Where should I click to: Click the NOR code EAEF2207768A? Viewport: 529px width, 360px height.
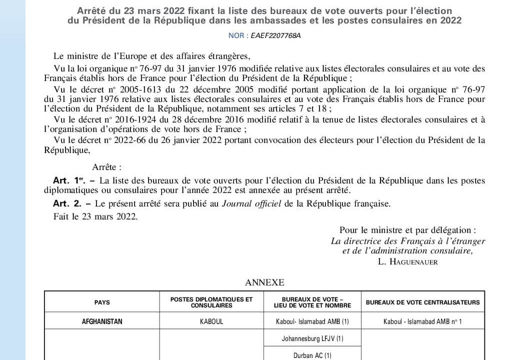pos(279,35)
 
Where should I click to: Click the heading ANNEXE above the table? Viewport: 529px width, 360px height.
pos(264,282)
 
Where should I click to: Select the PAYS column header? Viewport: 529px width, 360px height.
pos(102,302)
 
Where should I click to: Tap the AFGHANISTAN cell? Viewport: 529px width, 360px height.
pos(102,321)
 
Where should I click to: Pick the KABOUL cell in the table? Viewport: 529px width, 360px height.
pos(211,321)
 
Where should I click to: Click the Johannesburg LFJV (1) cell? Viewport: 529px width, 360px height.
pos(312,338)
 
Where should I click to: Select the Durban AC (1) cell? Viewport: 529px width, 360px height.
pos(312,355)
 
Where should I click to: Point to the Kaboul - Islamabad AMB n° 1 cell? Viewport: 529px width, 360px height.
pos(422,321)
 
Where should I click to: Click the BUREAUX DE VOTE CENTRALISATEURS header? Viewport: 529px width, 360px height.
pos(422,302)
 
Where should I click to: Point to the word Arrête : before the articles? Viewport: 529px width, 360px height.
pos(107,167)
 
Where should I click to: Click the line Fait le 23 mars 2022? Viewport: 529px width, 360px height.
pos(95,216)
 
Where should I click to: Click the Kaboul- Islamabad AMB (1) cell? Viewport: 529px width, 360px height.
pos(312,321)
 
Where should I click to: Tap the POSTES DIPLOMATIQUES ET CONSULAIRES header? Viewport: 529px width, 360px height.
pos(211,302)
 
